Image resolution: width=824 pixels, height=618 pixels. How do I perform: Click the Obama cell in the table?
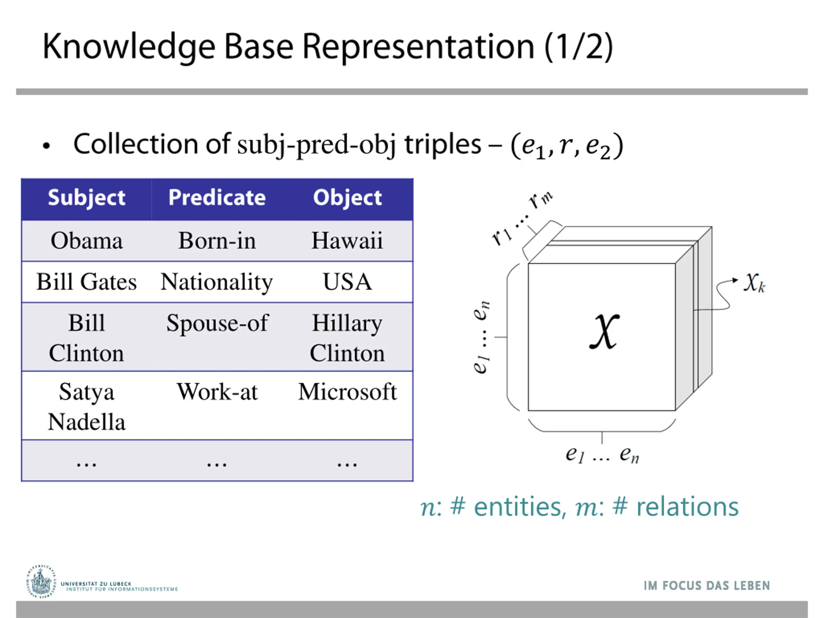coord(86,241)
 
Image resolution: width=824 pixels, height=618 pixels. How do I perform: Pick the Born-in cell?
coord(217,241)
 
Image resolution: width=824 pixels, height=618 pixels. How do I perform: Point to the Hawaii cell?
coord(347,241)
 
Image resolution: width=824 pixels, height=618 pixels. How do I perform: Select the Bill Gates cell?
coord(86,282)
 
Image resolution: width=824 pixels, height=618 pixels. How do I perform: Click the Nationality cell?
coord(217,282)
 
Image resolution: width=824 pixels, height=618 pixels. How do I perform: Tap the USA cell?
coord(347,282)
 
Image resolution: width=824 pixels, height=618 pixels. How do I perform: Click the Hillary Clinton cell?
coord(347,338)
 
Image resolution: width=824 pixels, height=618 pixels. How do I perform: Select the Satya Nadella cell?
coord(86,407)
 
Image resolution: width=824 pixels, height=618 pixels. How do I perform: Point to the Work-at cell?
coord(217,392)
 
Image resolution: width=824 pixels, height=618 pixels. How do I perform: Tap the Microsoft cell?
coord(347,392)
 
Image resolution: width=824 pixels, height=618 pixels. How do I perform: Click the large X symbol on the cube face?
coord(604,331)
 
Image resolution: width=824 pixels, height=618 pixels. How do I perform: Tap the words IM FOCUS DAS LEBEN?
coord(706,585)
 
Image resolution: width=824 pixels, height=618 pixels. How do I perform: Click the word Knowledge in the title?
coord(129,47)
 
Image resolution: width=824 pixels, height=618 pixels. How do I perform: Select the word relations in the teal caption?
coord(687,507)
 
